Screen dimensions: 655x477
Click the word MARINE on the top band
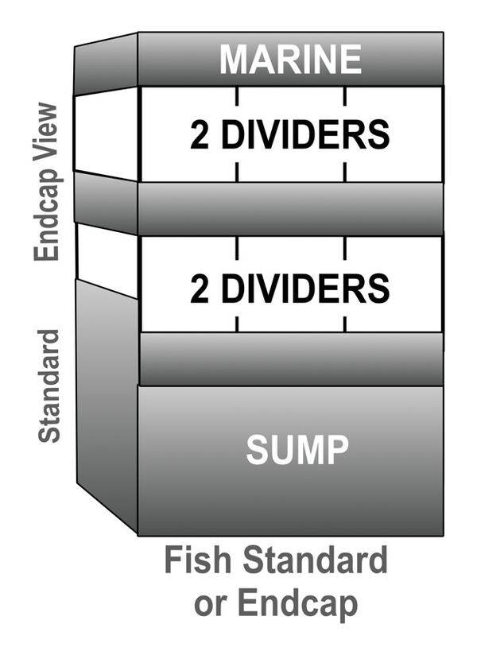click(290, 60)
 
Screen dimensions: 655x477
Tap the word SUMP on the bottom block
click(297, 450)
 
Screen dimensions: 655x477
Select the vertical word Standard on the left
click(49, 385)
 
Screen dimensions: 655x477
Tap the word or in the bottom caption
click(210, 604)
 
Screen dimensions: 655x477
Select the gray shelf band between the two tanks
click(290, 208)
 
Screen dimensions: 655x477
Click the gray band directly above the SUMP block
click(290, 359)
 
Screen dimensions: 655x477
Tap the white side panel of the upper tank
click(106, 133)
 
